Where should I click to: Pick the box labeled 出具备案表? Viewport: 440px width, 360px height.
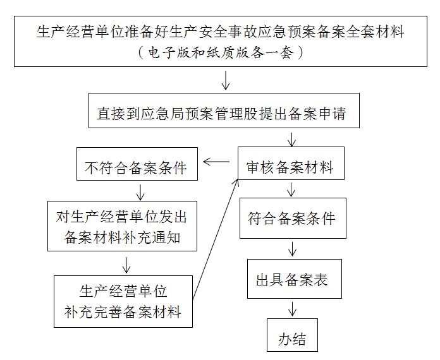[x=293, y=279]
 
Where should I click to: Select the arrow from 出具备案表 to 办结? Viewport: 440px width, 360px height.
[x=293, y=309]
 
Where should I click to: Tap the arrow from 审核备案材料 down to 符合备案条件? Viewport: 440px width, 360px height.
[x=291, y=190]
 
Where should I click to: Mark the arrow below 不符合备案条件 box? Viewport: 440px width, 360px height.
[x=140, y=191]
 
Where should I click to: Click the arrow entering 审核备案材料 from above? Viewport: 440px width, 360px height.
[x=291, y=138]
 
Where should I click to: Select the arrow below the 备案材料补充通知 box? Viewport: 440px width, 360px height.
[x=126, y=263]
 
